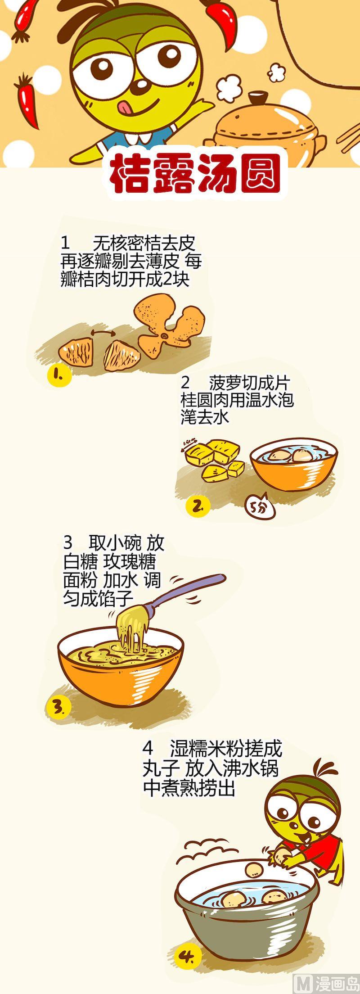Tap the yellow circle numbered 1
tap(60, 374)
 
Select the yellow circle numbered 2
tap(198, 506)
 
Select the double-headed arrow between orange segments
tap(103, 332)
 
